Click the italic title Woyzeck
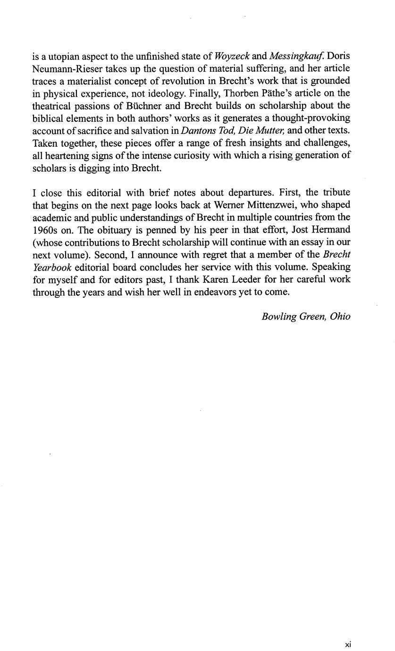pos(232,57)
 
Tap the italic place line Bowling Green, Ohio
pos(306,316)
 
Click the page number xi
pos(348,644)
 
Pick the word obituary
pos(101,230)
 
